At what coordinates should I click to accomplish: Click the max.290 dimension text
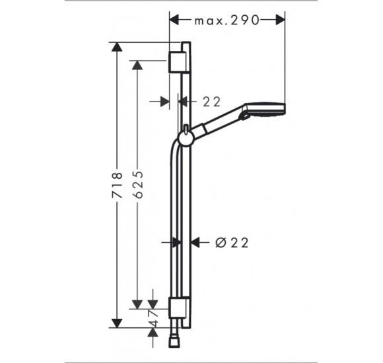[226, 20]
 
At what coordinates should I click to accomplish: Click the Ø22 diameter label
[232, 243]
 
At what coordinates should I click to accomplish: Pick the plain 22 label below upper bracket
[211, 101]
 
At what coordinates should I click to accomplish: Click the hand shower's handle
[221, 123]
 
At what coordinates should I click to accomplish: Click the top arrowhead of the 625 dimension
[137, 65]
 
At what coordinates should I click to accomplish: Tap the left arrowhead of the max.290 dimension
[175, 20]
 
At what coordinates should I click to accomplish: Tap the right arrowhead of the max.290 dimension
[280, 20]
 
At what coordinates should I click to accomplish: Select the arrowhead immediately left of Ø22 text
[196, 243]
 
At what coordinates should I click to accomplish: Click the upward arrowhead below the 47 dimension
[153, 333]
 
